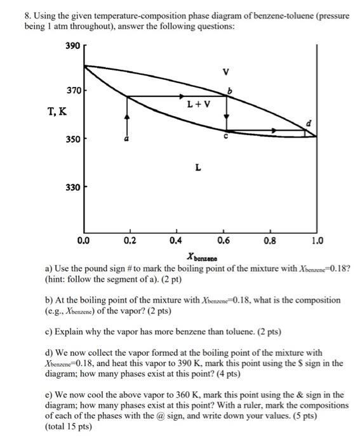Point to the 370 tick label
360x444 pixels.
tap(74, 91)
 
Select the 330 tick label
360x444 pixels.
tap(74, 187)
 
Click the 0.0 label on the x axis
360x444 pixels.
tap(83, 241)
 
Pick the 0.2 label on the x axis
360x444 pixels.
tap(130, 241)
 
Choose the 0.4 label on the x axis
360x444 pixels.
tap(177, 241)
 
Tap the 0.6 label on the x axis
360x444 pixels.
tap(223, 241)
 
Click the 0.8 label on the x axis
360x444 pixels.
tap(270, 241)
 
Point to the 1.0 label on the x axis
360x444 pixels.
tap(317, 241)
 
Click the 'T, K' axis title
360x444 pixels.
tap(55, 112)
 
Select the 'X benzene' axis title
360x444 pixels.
tap(202, 257)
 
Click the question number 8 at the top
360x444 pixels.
tap(9, 15)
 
